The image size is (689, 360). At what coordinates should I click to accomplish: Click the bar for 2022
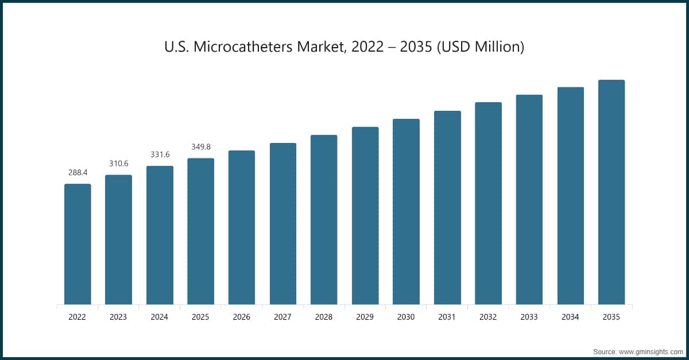[78, 244]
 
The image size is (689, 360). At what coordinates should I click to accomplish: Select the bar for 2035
[611, 192]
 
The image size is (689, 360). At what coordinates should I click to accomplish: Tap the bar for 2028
[324, 220]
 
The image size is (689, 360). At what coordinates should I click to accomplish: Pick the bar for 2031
[447, 207]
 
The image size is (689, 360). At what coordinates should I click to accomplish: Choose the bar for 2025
[200, 231]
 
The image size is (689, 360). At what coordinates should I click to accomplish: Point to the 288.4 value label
[78, 172]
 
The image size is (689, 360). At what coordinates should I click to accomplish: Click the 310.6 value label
[118, 164]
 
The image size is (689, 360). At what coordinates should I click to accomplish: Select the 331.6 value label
[160, 154]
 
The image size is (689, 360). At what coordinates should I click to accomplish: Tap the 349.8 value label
[200, 147]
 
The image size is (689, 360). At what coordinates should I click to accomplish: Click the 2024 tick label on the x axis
[160, 316]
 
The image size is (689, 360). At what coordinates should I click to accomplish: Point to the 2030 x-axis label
[406, 316]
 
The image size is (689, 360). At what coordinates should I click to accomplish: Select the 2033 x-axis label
[529, 316]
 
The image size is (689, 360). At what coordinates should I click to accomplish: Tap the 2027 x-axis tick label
[282, 316]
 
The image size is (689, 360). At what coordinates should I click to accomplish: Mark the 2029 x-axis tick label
[365, 316]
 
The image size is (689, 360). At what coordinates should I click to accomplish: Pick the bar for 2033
[529, 199]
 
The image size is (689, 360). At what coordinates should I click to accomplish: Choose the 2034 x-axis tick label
[570, 316]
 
